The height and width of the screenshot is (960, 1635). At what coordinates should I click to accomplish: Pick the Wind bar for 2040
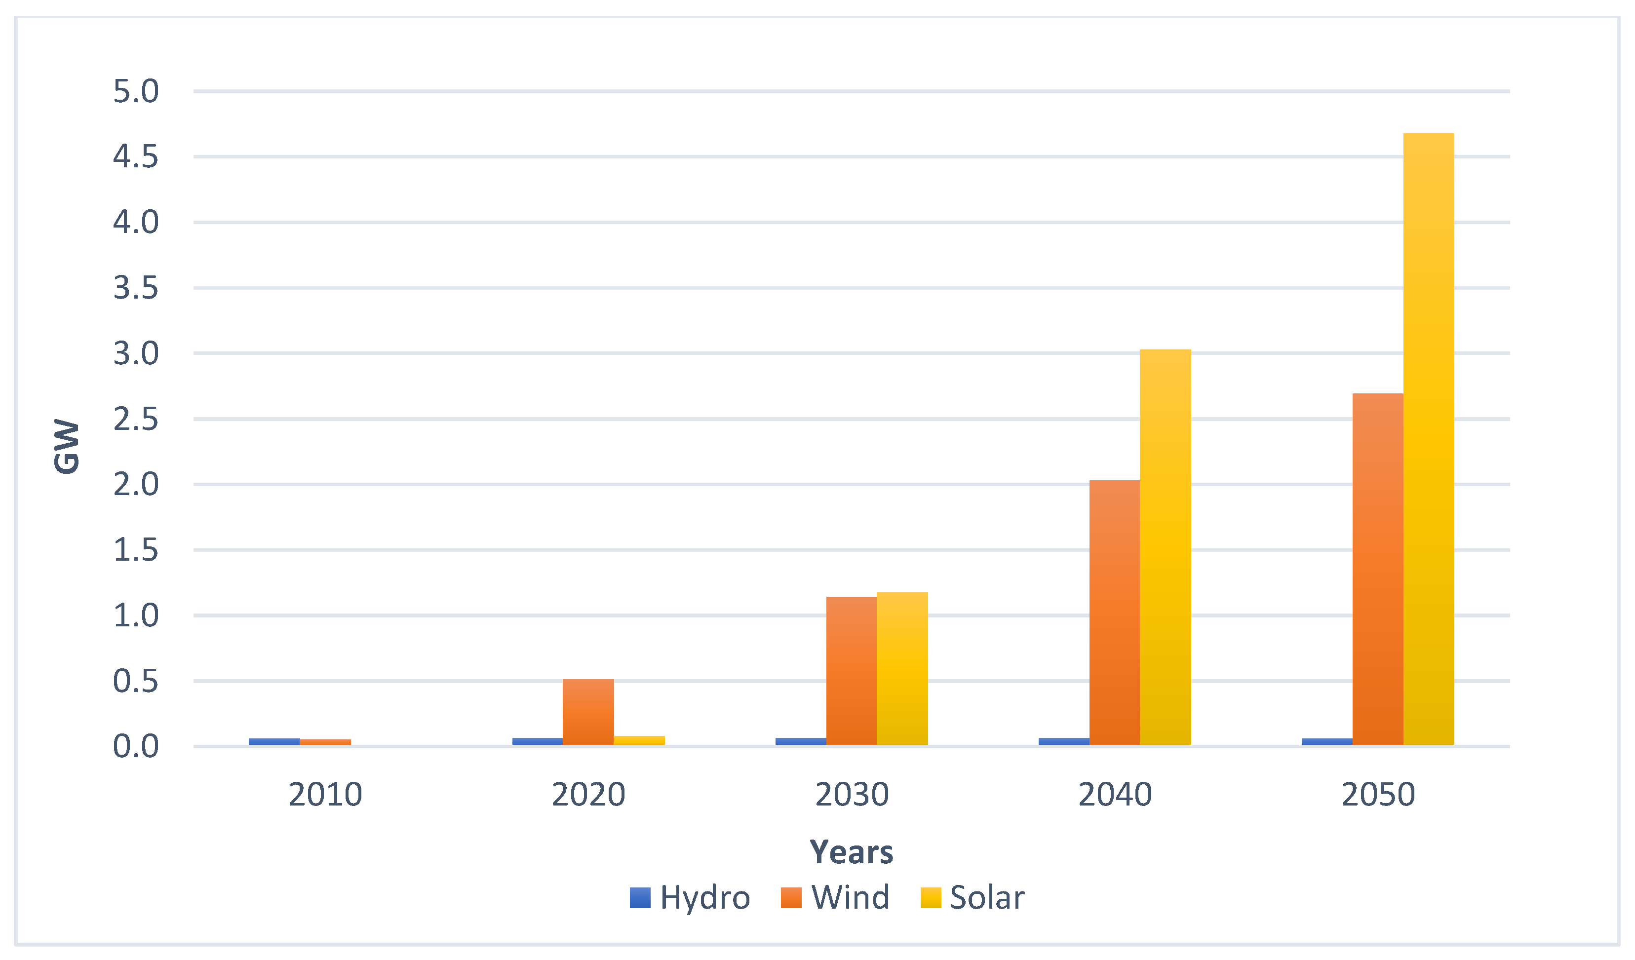click(x=1115, y=613)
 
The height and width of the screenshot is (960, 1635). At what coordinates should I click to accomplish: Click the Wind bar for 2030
click(x=851, y=671)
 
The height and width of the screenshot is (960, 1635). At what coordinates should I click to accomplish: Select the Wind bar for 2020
click(x=588, y=712)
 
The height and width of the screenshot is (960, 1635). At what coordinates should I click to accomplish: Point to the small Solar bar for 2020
click(x=639, y=740)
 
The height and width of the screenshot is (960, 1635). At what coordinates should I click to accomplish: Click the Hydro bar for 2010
click(x=274, y=741)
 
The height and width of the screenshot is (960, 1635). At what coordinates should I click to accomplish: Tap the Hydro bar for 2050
click(x=1327, y=741)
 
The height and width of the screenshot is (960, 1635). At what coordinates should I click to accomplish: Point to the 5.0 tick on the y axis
click(x=136, y=91)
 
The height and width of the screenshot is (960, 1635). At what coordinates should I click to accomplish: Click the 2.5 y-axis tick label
click(x=136, y=420)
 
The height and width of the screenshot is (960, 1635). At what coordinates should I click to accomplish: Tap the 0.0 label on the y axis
click(x=136, y=747)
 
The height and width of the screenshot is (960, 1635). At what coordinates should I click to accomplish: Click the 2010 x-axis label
click(x=325, y=795)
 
